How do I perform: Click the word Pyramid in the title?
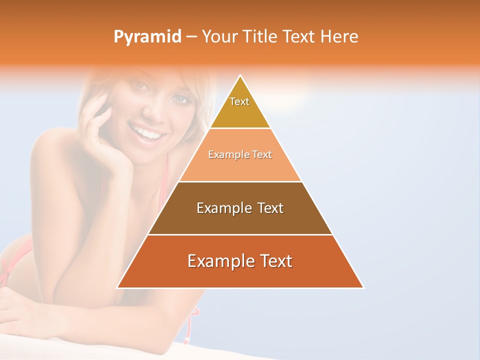(x=147, y=37)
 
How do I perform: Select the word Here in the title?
(x=339, y=36)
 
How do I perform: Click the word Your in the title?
(x=218, y=36)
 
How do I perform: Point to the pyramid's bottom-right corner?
(x=363, y=287)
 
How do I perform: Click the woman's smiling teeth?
(x=148, y=133)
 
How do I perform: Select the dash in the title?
(x=191, y=37)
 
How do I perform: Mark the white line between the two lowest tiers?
(x=240, y=234)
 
